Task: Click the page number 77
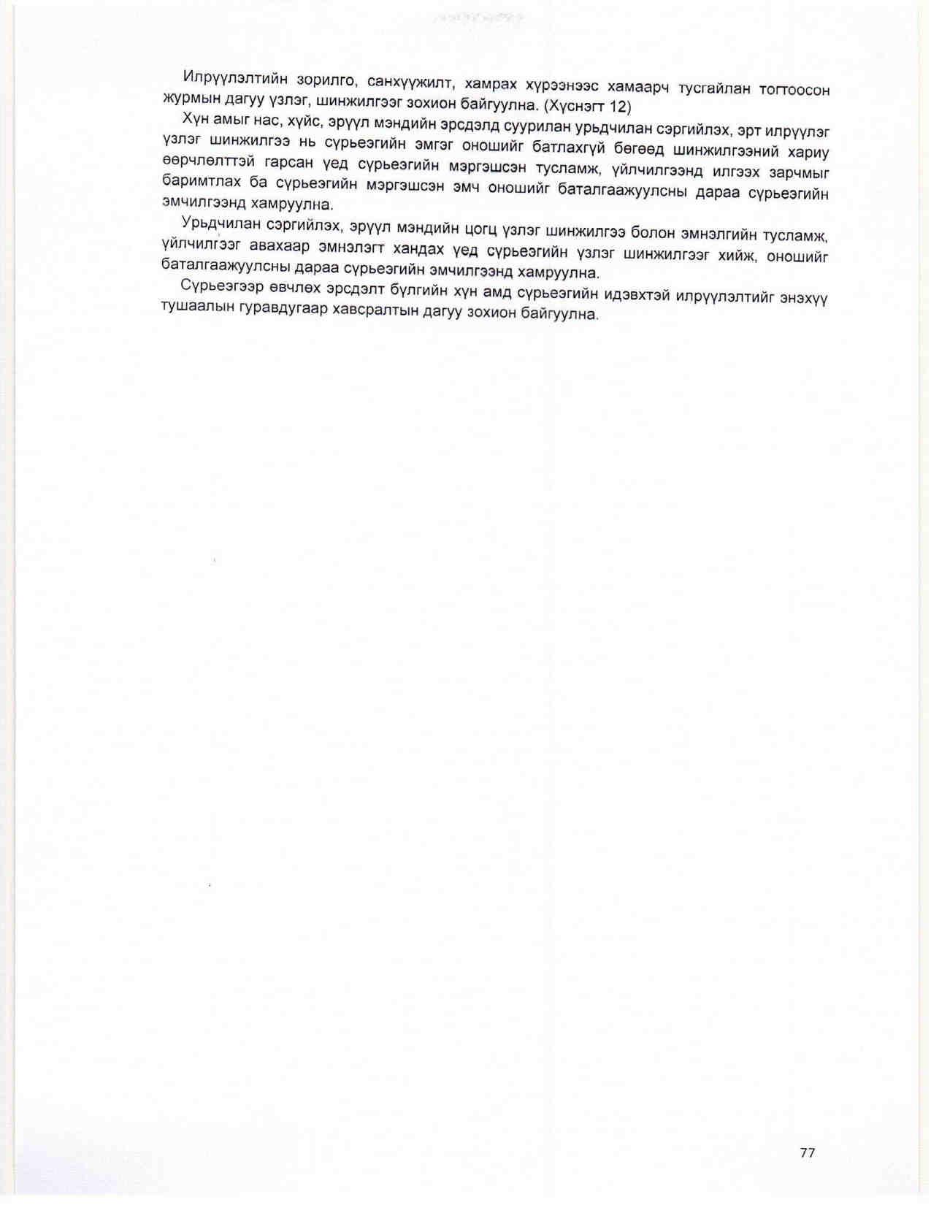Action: point(807,1152)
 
